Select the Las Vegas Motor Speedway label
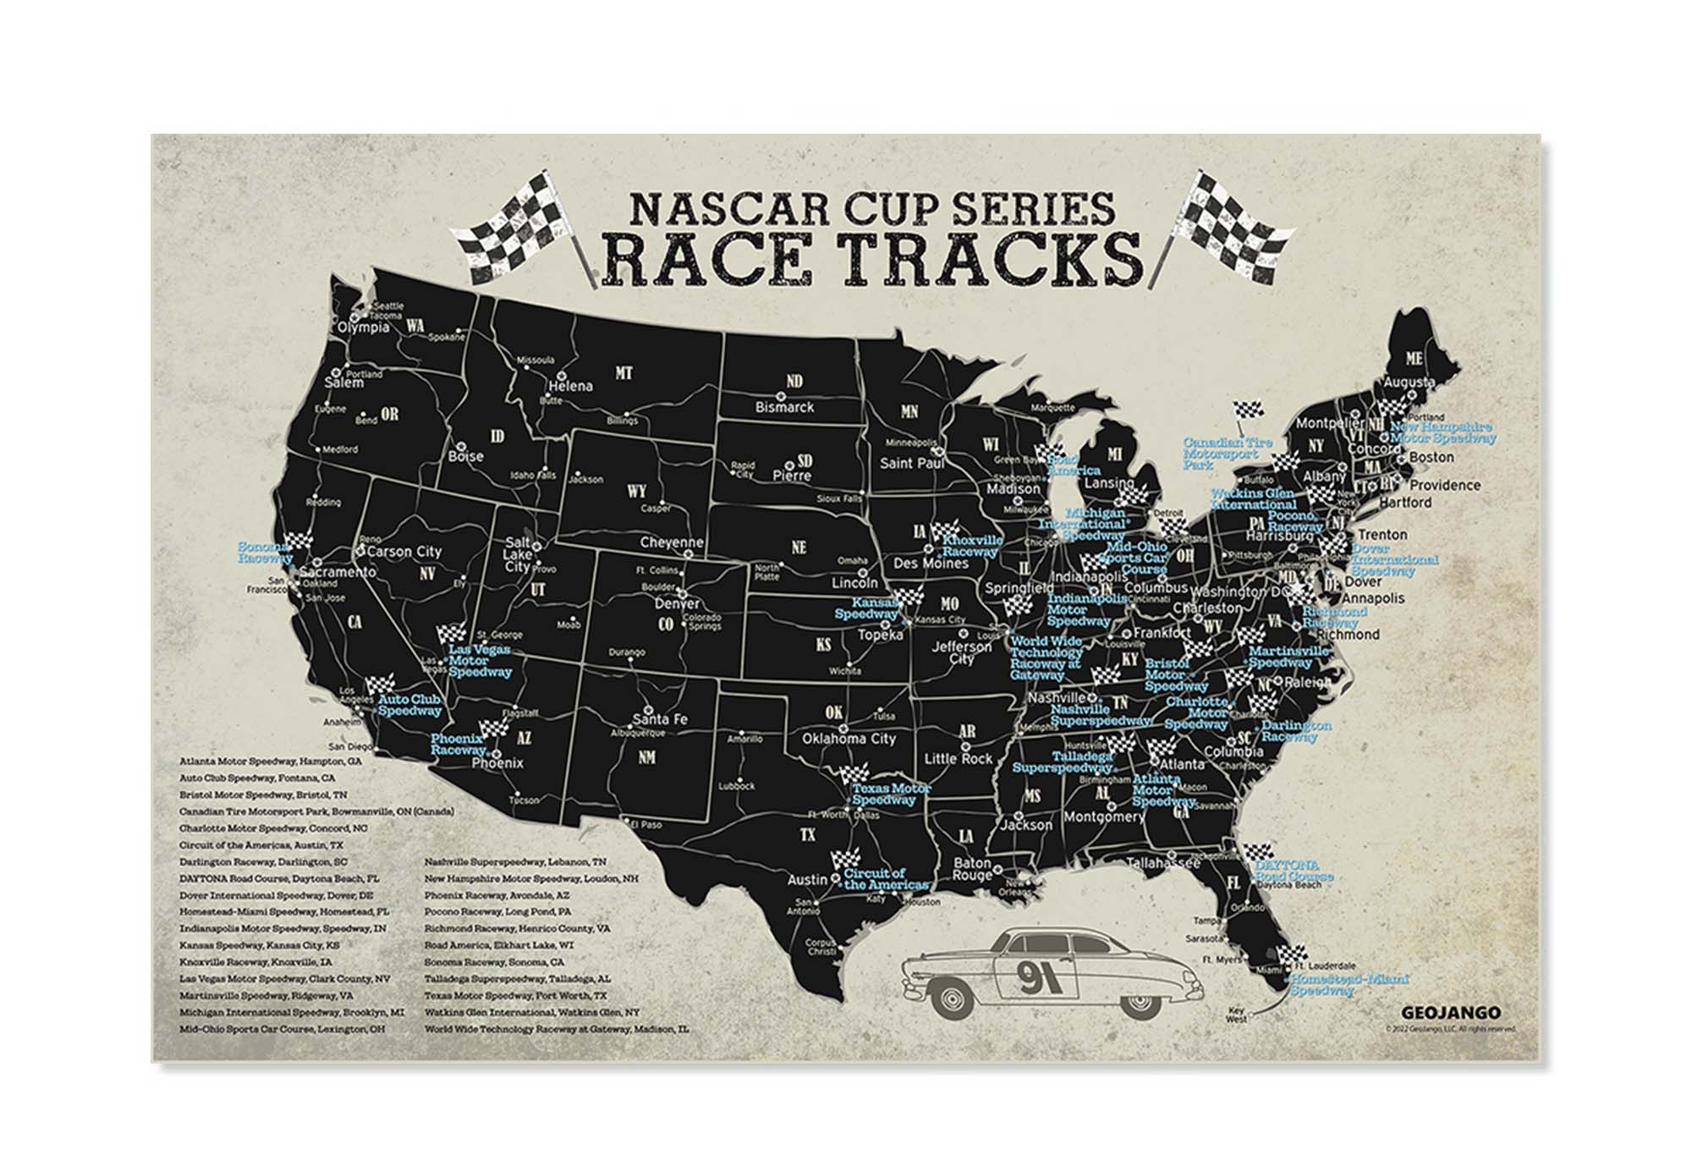(480, 660)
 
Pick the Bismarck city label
(784, 407)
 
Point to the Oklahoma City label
(849, 739)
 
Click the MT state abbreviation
(624, 372)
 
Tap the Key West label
(1236, 1015)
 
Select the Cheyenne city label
(672, 543)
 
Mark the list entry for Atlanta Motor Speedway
(271, 762)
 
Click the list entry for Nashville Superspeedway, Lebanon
(515, 861)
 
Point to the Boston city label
(1431, 457)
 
